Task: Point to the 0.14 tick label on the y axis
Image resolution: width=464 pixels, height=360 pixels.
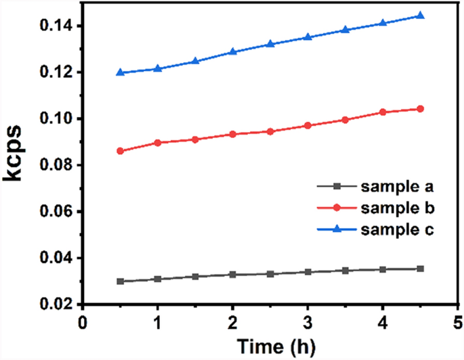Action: coord(55,26)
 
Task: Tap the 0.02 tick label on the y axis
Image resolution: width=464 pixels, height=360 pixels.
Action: coord(55,305)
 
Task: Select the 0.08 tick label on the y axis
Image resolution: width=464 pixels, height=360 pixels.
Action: coord(55,165)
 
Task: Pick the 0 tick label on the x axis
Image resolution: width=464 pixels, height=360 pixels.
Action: coord(83,321)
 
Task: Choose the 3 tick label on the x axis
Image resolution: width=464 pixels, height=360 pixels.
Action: coord(308,321)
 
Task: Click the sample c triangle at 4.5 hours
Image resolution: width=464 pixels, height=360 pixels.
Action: coord(420,16)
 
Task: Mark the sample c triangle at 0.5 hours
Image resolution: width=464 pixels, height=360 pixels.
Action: coord(120,72)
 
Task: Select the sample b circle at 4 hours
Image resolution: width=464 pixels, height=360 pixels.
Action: coord(383,112)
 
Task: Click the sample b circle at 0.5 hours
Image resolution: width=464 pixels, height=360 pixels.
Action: coord(120,151)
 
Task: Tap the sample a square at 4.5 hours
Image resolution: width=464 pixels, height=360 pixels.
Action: coord(420,269)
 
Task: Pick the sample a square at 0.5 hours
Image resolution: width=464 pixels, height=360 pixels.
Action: coord(120,281)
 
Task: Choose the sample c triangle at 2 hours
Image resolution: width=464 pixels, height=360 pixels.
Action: coord(232,51)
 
